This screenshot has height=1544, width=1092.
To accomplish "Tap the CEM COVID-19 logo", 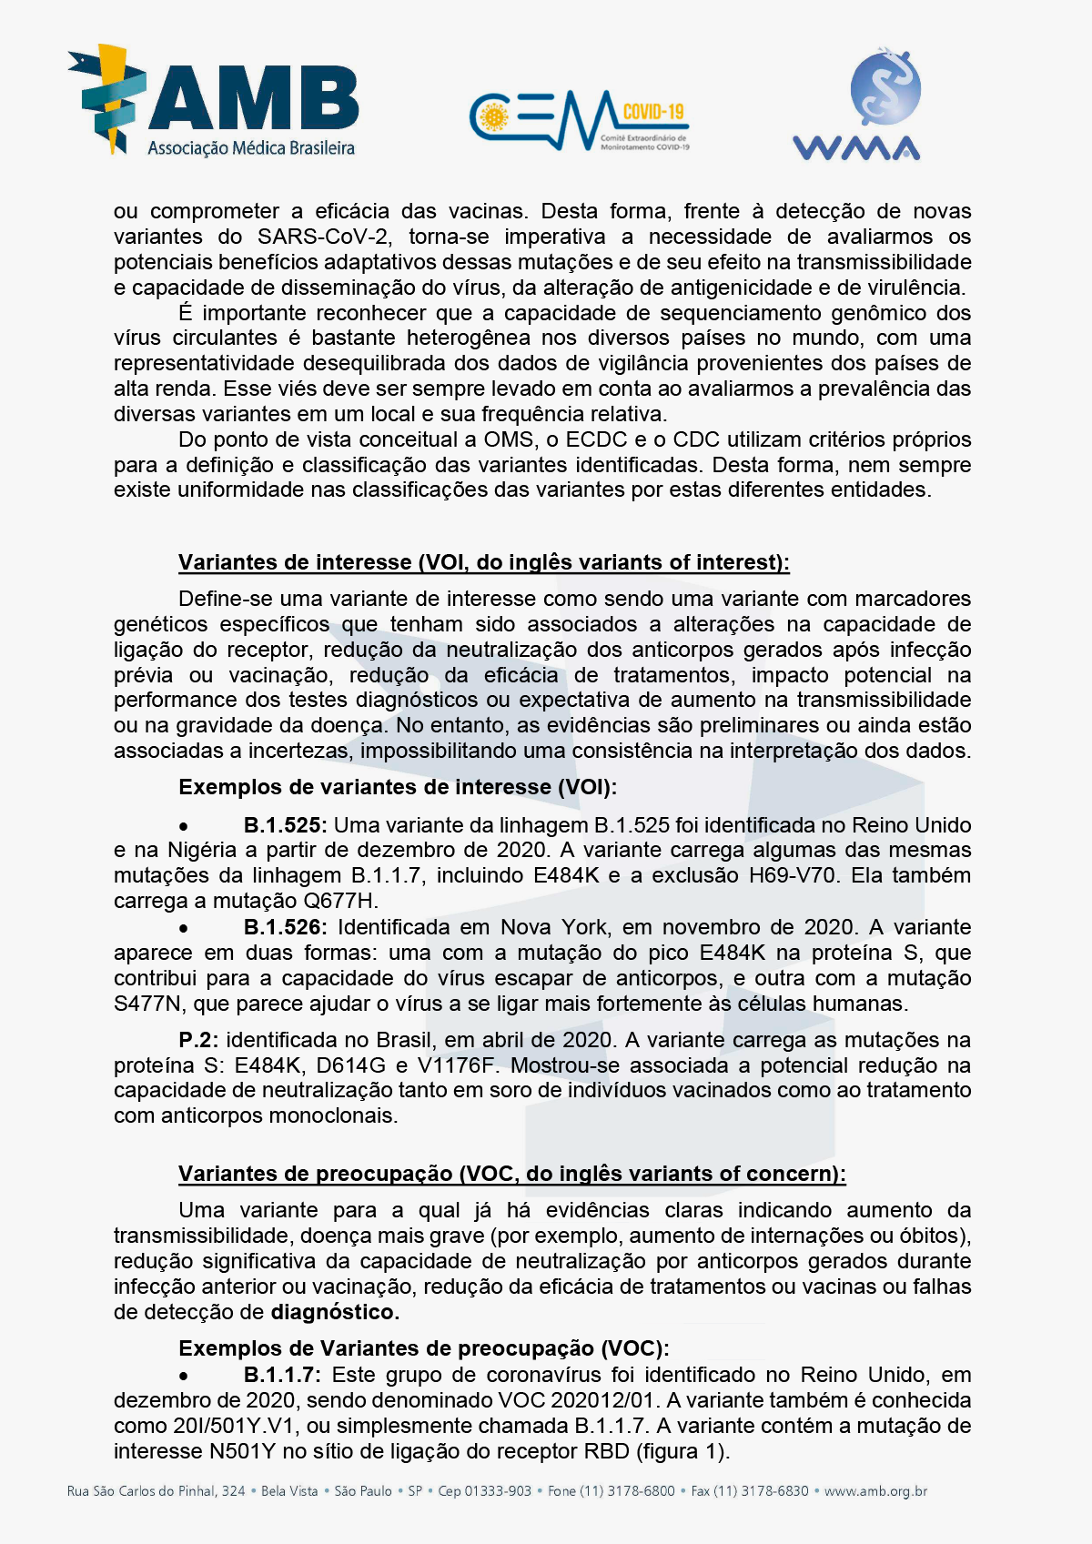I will coord(580,120).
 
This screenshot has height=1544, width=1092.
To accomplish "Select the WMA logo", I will coord(857,105).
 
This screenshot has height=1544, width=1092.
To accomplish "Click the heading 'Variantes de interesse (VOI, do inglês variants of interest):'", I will coord(483,562).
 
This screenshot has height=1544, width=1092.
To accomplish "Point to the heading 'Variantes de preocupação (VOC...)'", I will coord(511,1174).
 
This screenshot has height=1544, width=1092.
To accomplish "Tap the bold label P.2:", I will coord(198,1040).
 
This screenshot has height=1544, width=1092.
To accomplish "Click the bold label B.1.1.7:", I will coord(282,1375).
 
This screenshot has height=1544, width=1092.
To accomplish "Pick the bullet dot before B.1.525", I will coord(184,827).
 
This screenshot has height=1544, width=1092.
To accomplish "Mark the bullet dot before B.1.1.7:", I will coord(184,1377).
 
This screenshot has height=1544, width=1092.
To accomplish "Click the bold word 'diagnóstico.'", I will coord(335,1312).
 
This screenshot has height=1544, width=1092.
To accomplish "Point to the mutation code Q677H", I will coord(342,901).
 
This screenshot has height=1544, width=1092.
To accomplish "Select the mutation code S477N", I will coord(147,1004).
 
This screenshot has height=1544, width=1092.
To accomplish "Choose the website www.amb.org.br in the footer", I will coord(875,1491).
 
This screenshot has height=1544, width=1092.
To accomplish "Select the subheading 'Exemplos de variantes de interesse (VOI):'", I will coord(397,787).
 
